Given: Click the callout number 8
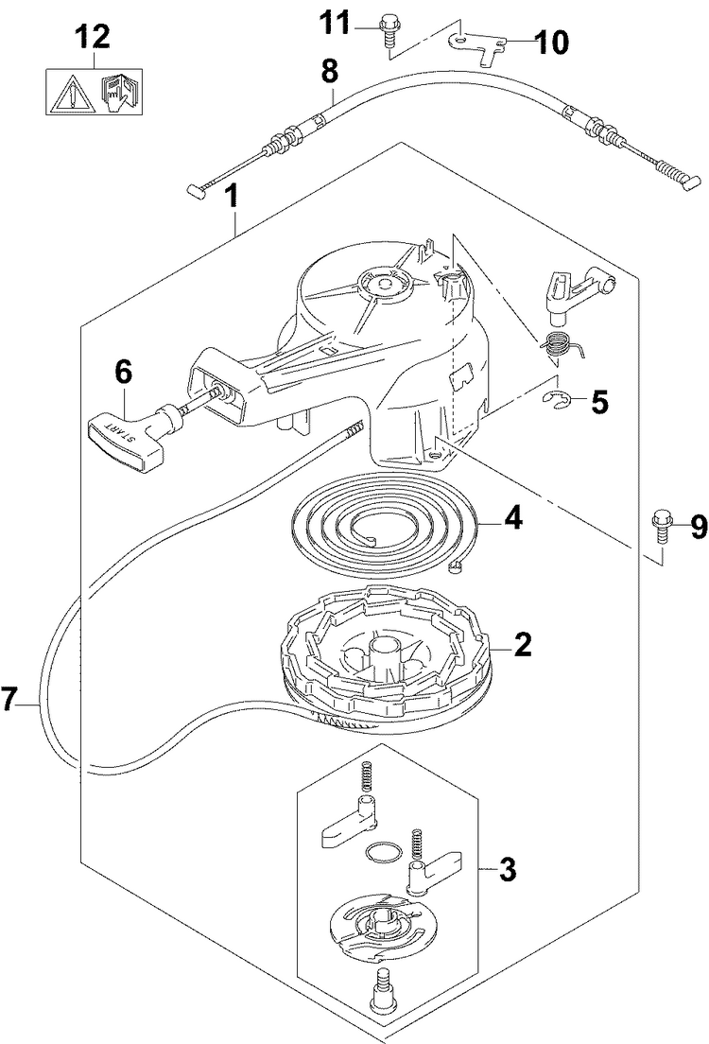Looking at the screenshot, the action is (330, 71).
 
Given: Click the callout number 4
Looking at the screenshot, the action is (512, 518).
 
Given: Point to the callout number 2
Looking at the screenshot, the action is (522, 644).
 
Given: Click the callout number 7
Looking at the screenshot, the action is (9, 701).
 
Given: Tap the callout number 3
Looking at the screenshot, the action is (508, 869).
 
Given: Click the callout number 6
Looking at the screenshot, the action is (124, 373).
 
